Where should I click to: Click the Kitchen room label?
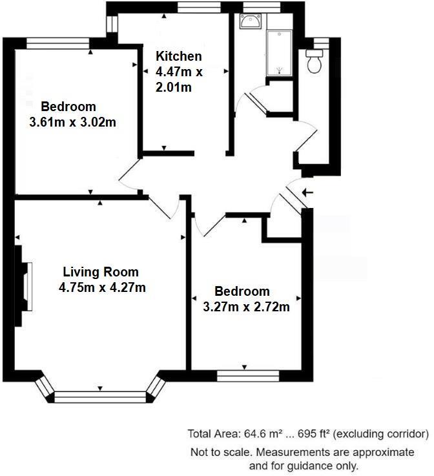(x=179, y=57)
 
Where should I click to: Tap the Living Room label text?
(x=101, y=272)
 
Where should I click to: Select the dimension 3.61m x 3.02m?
(x=73, y=121)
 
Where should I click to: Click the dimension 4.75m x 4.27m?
(x=102, y=287)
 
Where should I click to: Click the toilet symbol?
(x=316, y=61)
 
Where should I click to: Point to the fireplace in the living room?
(x=26, y=287)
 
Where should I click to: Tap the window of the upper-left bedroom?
(x=59, y=43)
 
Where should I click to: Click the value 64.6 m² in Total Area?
(x=258, y=433)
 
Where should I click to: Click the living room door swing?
(x=165, y=207)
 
